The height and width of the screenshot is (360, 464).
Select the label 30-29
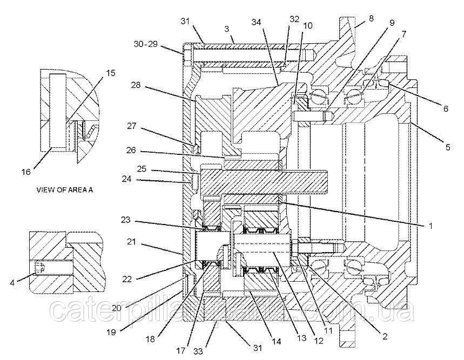click(x=146, y=45)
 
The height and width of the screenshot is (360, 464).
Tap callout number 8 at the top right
click(x=371, y=18)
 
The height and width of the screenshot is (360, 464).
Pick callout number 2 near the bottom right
click(x=385, y=337)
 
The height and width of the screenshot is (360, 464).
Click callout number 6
click(x=445, y=108)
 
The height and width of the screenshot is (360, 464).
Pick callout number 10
click(x=307, y=25)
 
